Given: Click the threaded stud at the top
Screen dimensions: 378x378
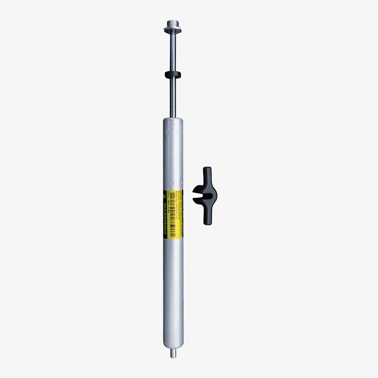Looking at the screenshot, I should point(172,23).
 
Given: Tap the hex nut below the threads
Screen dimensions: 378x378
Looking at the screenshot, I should point(172,30).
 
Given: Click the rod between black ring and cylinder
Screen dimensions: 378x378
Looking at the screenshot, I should point(172,98).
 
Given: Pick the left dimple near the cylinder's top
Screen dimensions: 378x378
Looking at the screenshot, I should point(168,132).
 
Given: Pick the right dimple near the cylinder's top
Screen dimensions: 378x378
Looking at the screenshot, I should point(178,132).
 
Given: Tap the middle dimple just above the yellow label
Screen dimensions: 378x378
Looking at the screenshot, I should point(172,183).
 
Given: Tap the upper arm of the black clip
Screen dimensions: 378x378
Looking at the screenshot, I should point(207,175).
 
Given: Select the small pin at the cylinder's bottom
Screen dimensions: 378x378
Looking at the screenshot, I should point(173,354).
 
